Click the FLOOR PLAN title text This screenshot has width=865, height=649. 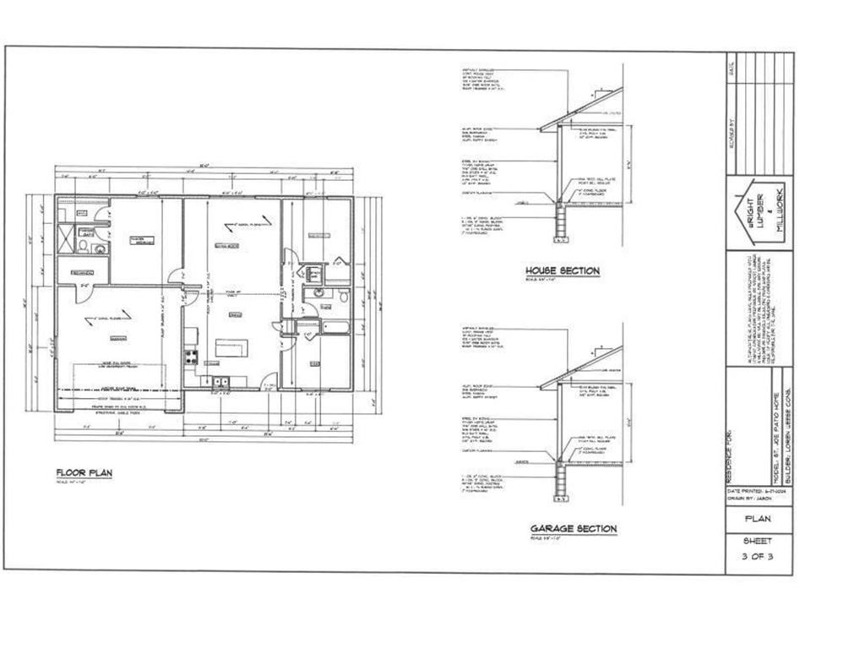84,472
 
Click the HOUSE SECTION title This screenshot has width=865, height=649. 563,270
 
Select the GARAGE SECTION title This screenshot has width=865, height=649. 573,528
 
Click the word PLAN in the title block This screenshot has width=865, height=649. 757,519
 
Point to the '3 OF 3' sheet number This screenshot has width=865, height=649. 757,556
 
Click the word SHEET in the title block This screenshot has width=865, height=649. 757,541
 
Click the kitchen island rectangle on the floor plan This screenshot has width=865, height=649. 229,346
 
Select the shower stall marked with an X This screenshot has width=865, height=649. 66,235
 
